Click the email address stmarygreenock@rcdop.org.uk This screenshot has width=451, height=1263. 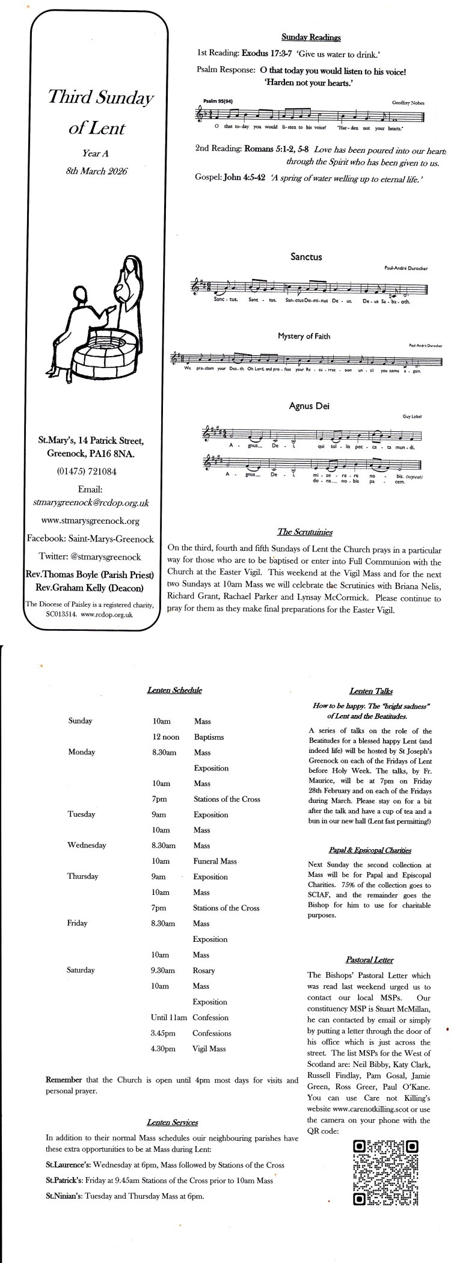click(91, 502)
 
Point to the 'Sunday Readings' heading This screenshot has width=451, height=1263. click(311, 37)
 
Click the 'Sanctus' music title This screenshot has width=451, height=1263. click(306, 257)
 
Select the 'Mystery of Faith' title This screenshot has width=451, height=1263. click(304, 336)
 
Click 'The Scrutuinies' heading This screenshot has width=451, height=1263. click(304, 532)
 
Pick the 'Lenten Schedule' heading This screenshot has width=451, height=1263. click(174, 690)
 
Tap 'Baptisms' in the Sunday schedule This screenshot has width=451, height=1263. click(209, 737)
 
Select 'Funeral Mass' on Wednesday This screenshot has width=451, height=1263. click(215, 861)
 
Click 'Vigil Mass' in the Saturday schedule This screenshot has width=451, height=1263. click(209, 1048)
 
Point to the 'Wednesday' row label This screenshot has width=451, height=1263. click(87, 845)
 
